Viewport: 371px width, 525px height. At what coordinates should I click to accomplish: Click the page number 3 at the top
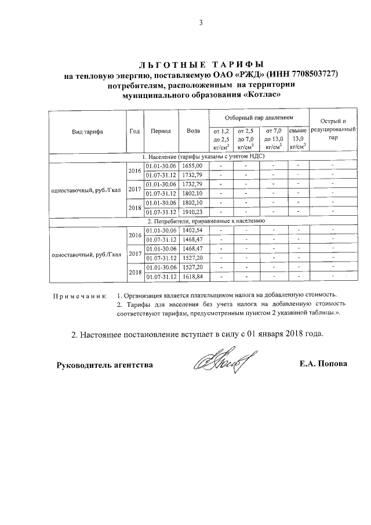click(200, 23)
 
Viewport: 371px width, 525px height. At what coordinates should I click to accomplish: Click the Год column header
click(134, 131)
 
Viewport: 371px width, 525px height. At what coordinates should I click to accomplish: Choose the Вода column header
click(193, 131)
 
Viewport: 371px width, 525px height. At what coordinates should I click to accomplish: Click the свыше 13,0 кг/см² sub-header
click(297, 139)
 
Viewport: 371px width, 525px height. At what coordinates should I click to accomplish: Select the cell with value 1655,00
click(192, 166)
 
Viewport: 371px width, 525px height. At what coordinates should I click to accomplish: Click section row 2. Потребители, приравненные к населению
click(206, 222)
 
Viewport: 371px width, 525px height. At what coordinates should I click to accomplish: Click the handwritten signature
click(220, 364)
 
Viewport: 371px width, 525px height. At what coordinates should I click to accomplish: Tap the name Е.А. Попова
click(323, 364)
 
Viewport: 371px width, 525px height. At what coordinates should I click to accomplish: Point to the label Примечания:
click(80, 295)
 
